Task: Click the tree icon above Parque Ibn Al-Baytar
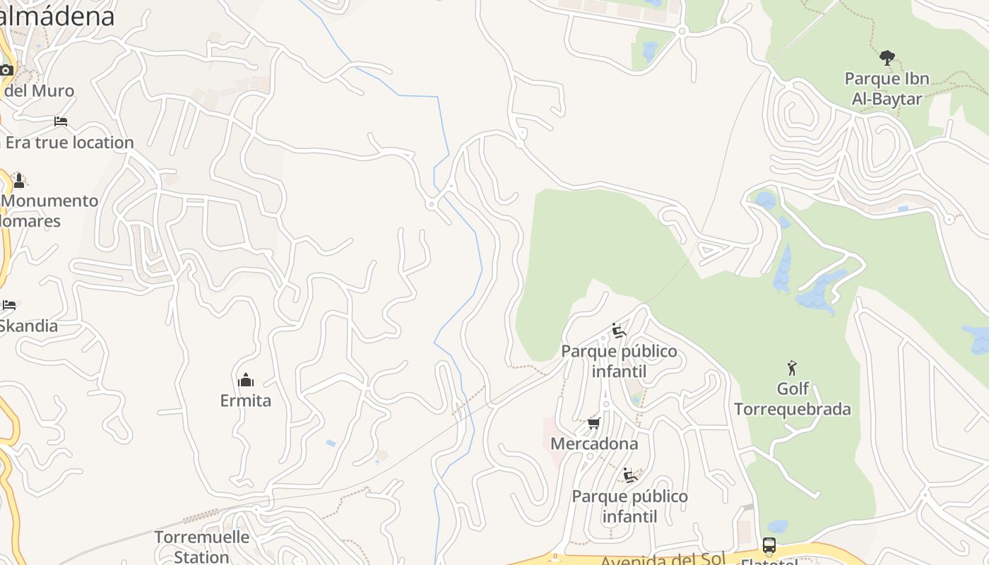(887, 57)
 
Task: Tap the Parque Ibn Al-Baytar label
(887, 88)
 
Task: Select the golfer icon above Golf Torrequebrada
(792, 368)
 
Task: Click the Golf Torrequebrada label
(793, 399)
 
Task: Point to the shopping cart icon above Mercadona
(594, 423)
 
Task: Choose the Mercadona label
(594, 444)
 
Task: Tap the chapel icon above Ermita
(246, 380)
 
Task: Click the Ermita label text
(246, 400)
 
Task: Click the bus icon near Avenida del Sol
(769, 545)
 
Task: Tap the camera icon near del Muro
(6, 70)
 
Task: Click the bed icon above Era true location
(61, 121)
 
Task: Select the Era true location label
(69, 143)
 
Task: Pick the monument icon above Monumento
(19, 180)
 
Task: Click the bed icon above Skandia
(8, 305)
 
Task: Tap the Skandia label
(28, 326)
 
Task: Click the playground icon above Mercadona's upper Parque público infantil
(619, 331)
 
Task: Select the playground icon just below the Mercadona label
(629, 475)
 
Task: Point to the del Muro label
(39, 90)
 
